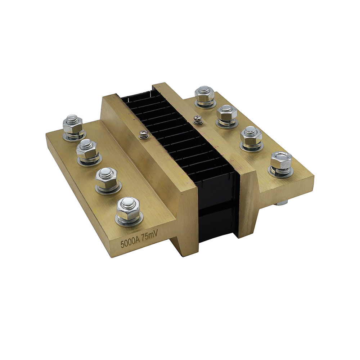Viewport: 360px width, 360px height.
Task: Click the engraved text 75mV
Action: (150, 237)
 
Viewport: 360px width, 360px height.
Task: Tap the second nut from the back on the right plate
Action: (227, 114)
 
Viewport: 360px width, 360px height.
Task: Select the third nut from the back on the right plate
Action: (251, 136)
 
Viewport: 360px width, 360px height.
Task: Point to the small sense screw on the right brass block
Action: (197, 119)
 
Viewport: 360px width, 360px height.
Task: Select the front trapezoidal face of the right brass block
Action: (248, 202)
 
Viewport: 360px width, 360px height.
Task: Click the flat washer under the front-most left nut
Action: (129, 220)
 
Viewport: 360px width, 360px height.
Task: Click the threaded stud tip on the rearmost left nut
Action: (72, 118)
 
